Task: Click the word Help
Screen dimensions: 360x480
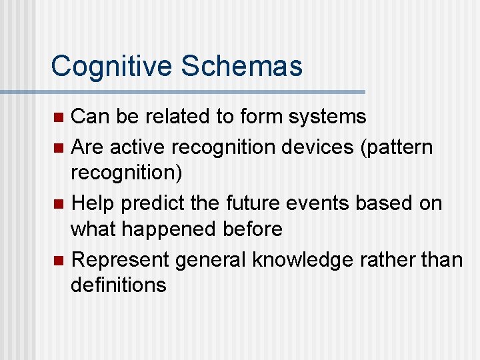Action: (x=91, y=202)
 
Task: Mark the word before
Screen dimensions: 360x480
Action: (x=254, y=230)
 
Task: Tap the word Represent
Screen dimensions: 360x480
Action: (x=120, y=259)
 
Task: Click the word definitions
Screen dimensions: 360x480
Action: (x=119, y=286)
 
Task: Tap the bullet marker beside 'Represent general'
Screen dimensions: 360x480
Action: (x=58, y=259)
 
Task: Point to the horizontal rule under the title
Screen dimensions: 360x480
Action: (x=200, y=91)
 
